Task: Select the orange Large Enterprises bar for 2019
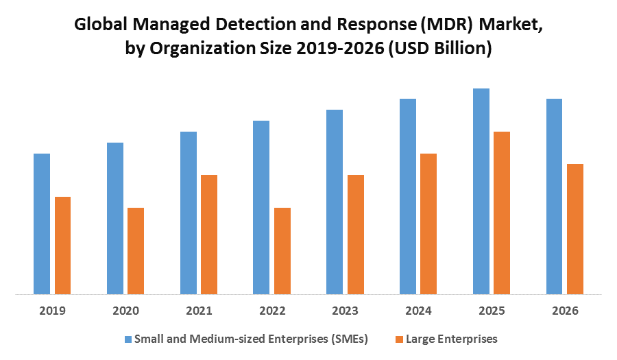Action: pos(62,245)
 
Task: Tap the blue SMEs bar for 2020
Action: pos(115,219)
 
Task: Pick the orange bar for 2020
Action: pos(136,251)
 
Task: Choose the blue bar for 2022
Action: pos(261,208)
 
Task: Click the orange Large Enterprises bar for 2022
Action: pos(282,251)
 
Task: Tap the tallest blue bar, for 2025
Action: pos(481,191)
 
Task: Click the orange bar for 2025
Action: pos(502,213)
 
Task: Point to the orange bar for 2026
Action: pos(575,229)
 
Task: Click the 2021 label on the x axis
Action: pos(199,311)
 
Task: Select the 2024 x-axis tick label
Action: pos(418,311)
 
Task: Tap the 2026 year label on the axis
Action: pos(565,311)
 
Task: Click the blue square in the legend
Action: pos(128,339)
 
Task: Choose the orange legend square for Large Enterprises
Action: pos(400,339)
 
